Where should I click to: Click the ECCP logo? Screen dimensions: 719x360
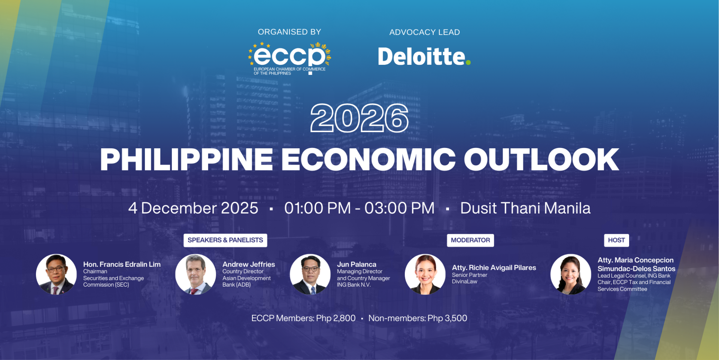point(289,58)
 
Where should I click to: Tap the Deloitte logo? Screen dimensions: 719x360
point(424,57)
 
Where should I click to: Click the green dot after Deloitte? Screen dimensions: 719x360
point(468,63)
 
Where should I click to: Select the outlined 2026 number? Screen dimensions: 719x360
point(359,118)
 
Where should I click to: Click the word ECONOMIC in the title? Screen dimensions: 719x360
point(368,160)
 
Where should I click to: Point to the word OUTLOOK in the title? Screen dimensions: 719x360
point(541,160)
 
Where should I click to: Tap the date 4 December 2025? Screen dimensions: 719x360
point(193,208)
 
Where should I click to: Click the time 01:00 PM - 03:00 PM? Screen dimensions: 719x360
point(359,208)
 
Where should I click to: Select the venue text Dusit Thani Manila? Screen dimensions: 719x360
point(525,208)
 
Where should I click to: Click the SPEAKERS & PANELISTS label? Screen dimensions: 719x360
point(225,240)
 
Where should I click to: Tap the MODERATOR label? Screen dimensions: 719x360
point(470,240)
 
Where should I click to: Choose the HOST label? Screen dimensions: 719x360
point(616,240)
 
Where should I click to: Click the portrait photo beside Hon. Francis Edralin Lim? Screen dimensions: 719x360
point(56,275)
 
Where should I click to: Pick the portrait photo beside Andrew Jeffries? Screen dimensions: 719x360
point(195,275)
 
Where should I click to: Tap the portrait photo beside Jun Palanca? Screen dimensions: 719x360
point(310,275)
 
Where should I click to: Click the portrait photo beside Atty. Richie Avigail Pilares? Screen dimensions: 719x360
point(425,275)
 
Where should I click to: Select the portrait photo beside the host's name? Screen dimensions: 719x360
point(571,275)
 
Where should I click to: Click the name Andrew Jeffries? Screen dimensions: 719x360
point(249,264)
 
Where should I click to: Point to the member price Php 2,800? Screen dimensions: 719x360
point(336,318)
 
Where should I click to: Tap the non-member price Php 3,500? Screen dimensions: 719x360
point(448,318)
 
